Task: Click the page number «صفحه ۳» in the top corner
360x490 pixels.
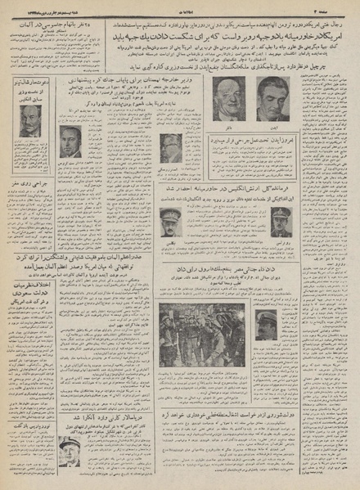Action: (x=341, y=7)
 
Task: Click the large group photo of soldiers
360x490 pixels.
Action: (x=203, y=336)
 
